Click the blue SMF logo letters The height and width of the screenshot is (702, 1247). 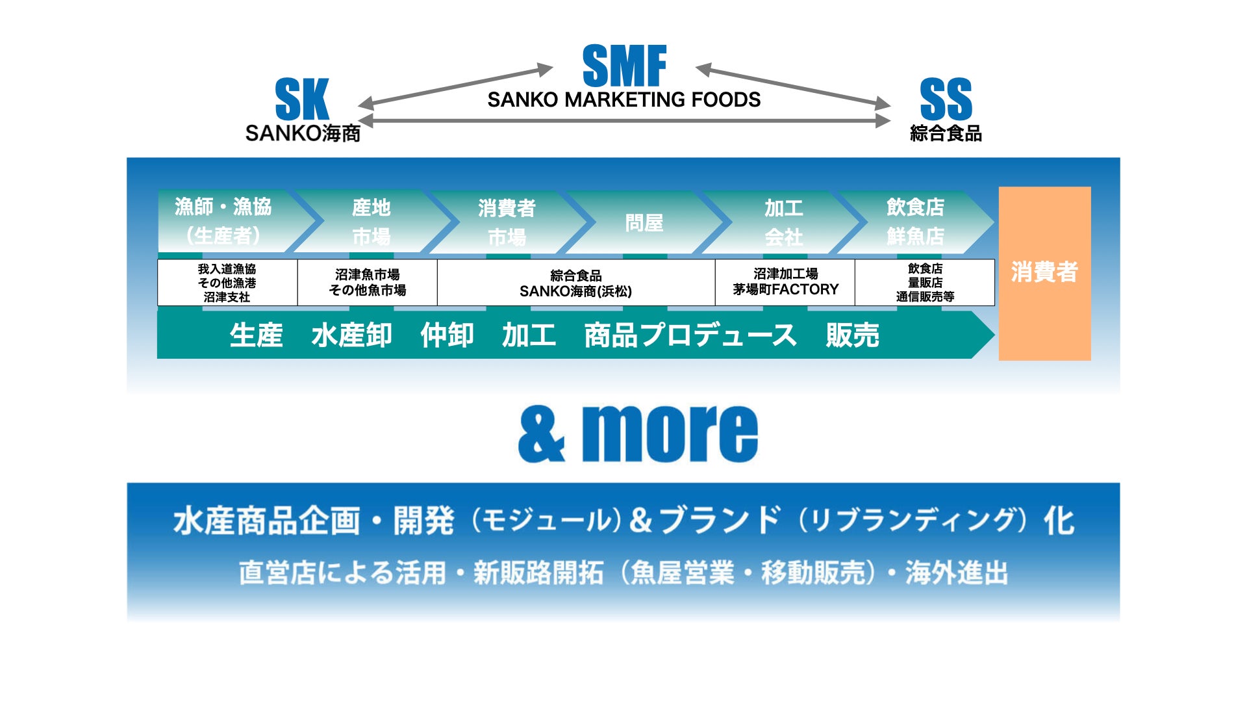[x=624, y=66]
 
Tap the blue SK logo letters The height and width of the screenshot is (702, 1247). [x=302, y=99]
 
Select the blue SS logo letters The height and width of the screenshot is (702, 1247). [x=946, y=99]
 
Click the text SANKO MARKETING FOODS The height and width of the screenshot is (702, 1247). [x=623, y=100]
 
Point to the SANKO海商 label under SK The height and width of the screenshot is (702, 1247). [x=303, y=133]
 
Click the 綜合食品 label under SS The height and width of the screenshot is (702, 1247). [x=946, y=133]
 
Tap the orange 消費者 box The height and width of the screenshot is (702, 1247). [x=1044, y=273]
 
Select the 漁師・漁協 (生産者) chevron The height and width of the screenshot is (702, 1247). [x=224, y=222]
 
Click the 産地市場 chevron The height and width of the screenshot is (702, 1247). [x=372, y=222]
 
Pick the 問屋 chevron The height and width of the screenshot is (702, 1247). [x=644, y=223]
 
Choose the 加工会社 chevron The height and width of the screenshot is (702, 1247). [x=783, y=222]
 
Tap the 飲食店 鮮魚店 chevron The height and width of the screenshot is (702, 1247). [x=915, y=222]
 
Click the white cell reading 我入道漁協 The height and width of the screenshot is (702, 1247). [x=227, y=283]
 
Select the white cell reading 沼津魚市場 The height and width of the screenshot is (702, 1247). [x=368, y=283]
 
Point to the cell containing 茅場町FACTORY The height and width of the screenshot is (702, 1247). [x=785, y=283]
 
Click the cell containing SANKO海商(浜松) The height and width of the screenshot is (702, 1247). [x=575, y=283]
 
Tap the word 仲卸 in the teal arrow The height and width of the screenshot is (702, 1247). [x=447, y=335]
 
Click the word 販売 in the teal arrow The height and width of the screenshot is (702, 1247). [x=852, y=335]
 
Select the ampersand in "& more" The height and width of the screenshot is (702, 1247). [x=542, y=434]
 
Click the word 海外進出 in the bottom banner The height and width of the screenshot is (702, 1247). [x=956, y=573]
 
